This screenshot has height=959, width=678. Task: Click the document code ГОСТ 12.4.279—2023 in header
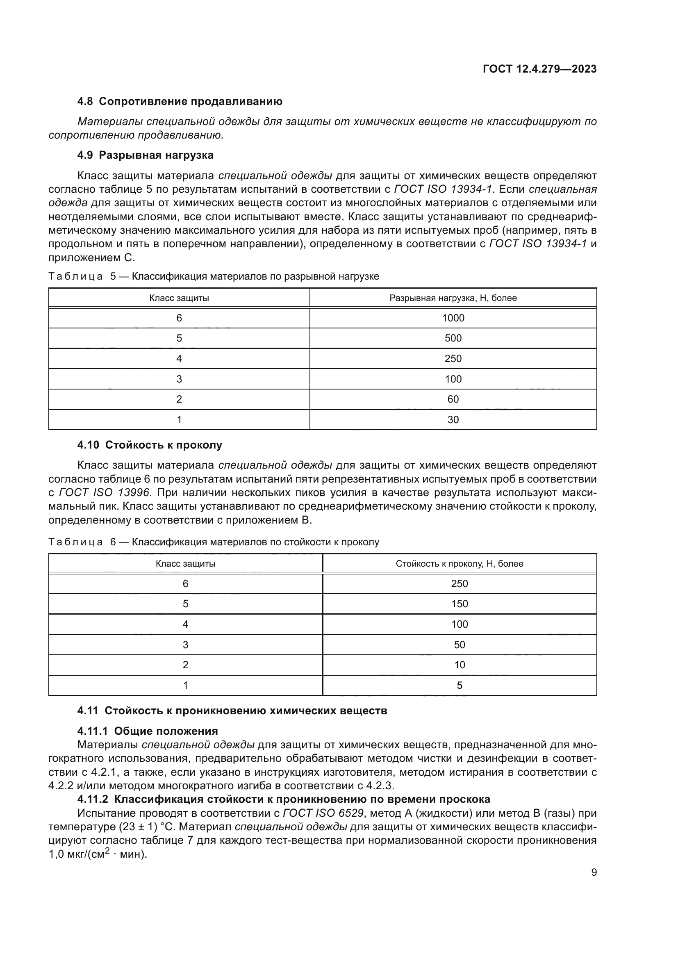(539, 69)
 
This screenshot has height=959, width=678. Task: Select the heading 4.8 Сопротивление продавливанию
(180, 102)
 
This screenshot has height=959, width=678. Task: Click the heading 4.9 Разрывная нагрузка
(145, 155)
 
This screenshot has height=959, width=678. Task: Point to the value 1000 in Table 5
(453, 318)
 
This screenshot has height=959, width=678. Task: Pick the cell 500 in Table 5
(453, 338)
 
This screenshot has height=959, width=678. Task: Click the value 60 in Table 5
(453, 399)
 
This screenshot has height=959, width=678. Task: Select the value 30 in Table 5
(453, 419)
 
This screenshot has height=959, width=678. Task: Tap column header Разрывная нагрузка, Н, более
(453, 298)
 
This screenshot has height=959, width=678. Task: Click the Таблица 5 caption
(214, 276)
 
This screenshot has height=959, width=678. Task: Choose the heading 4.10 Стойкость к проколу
(150, 445)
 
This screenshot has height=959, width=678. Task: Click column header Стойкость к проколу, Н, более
(459, 563)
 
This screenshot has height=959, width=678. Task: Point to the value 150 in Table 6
(459, 604)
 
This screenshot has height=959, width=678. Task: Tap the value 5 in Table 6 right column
(459, 685)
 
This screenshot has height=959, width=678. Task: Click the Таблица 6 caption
(214, 542)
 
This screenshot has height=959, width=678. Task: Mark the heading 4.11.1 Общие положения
(148, 731)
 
